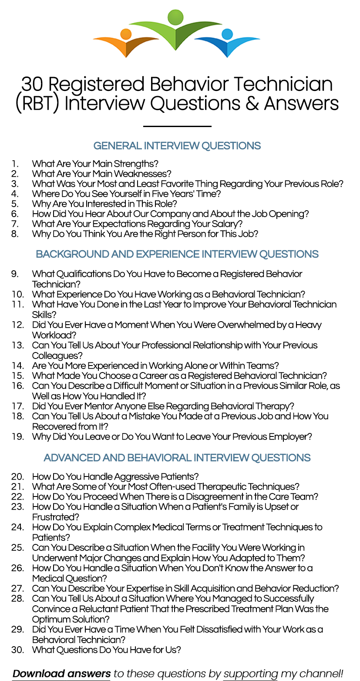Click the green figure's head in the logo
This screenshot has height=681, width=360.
176,17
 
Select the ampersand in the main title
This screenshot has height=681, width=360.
252,104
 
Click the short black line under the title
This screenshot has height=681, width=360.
177,127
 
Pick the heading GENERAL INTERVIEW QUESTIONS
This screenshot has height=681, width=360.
177,146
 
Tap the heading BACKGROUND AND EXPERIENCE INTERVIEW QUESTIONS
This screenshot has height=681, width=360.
177,254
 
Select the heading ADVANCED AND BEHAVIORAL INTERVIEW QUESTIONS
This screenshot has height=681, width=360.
177,458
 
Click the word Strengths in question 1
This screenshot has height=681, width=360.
136,164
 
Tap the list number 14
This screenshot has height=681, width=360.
17,366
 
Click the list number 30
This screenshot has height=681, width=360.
17,650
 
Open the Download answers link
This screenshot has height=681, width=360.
61,674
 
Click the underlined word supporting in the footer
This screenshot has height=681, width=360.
251,674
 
